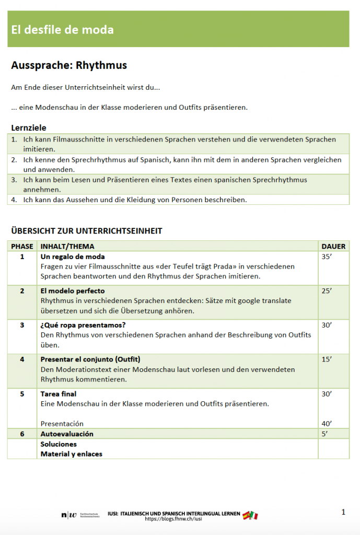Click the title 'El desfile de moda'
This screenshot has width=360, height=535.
62,30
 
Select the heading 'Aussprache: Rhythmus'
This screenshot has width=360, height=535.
69,65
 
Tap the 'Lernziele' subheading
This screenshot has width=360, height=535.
29,127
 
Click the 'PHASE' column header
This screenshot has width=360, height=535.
22,246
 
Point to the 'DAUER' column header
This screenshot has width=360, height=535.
333,246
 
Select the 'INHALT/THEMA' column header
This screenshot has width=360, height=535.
67,246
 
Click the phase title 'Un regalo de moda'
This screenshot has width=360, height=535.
73,257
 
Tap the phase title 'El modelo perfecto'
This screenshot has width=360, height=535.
73,291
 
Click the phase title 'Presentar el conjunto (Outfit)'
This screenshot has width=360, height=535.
90,359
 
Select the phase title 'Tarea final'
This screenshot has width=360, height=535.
59,394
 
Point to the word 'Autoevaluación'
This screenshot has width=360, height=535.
67,434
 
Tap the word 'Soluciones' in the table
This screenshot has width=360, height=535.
59,444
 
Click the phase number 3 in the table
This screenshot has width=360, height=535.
22,325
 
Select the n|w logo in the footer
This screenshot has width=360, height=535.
68,516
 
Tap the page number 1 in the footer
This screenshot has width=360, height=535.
343,512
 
